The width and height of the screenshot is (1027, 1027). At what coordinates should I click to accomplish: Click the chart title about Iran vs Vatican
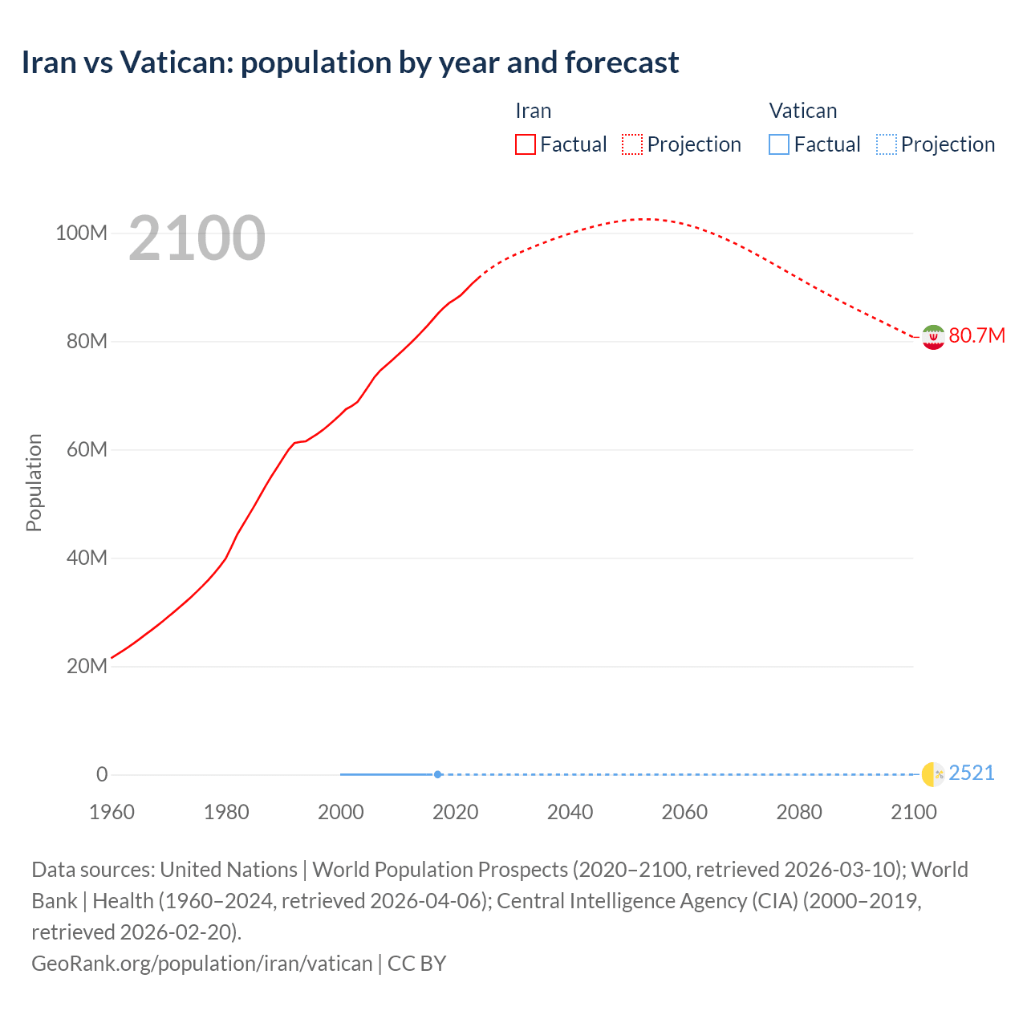pyautogui.click(x=350, y=63)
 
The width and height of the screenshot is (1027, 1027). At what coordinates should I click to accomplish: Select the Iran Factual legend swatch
pyautogui.click(x=525, y=144)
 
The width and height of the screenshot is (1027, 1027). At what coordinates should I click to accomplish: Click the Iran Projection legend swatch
pyautogui.click(x=632, y=144)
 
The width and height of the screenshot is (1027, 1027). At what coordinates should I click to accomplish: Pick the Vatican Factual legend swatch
pyautogui.click(x=778, y=144)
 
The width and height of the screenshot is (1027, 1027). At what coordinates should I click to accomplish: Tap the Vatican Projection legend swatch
pyautogui.click(x=886, y=144)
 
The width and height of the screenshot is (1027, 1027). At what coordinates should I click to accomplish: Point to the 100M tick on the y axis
pyautogui.click(x=81, y=233)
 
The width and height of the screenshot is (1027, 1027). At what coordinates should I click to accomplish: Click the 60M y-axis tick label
pyautogui.click(x=86, y=450)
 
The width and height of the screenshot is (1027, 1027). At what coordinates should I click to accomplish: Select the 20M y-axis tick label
pyautogui.click(x=86, y=667)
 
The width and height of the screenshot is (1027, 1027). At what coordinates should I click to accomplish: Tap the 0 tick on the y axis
pyautogui.click(x=102, y=775)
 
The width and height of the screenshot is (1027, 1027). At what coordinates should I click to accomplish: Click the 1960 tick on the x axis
pyautogui.click(x=112, y=812)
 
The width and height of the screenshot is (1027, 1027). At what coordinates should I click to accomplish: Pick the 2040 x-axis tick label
pyautogui.click(x=570, y=812)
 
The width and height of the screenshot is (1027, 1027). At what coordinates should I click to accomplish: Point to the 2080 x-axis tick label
pyautogui.click(x=799, y=812)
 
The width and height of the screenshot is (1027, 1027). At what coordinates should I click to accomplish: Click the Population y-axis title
pyautogui.click(x=34, y=482)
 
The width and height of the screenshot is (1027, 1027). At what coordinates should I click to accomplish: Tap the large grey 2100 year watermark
pyautogui.click(x=197, y=238)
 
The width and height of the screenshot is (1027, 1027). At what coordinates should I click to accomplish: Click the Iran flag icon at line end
pyautogui.click(x=932, y=337)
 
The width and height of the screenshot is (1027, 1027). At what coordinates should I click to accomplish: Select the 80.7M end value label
pyautogui.click(x=976, y=335)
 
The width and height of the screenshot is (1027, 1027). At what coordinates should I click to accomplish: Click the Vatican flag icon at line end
pyautogui.click(x=932, y=774)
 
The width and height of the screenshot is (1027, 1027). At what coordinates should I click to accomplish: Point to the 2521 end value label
pyautogui.click(x=971, y=773)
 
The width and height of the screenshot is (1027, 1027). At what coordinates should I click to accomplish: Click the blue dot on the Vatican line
pyautogui.click(x=437, y=774)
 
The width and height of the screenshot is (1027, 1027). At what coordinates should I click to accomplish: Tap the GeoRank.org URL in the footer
pyautogui.click(x=201, y=964)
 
